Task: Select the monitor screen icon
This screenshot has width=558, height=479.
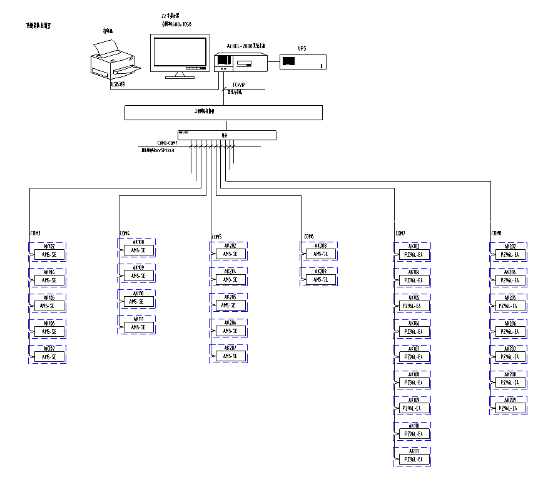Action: pyautogui.click(x=179, y=54)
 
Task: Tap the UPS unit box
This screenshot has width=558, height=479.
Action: pyautogui.click(x=302, y=61)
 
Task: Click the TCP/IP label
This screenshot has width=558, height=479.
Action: pyautogui.click(x=239, y=85)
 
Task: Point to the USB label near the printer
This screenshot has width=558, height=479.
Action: pyautogui.click(x=118, y=83)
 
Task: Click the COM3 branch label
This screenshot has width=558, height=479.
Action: pyautogui.click(x=35, y=234)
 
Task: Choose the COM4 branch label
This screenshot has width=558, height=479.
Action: pyautogui.click(x=124, y=233)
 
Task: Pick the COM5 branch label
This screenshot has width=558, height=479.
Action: pyautogui.click(x=216, y=237)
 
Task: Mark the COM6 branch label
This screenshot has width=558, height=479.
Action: pyautogui.click(x=308, y=236)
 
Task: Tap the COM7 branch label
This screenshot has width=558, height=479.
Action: pyautogui.click(x=400, y=234)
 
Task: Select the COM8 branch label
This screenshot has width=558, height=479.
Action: pyautogui.click(x=496, y=234)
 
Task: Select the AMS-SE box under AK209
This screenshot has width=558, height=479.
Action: pyautogui.click(x=321, y=279)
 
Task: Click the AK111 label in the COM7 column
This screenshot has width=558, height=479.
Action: pyautogui.click(x=414, y=451)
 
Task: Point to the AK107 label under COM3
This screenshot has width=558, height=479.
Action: pyautogui.click(x=49, y=349)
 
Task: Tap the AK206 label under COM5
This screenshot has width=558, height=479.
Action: pyautogui.click(x=230, y=322)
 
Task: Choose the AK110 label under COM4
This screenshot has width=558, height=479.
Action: pyautogui.click(x=138, y=293)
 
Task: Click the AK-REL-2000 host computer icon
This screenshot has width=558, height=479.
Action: pyautogui.click(x=241, y=61)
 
